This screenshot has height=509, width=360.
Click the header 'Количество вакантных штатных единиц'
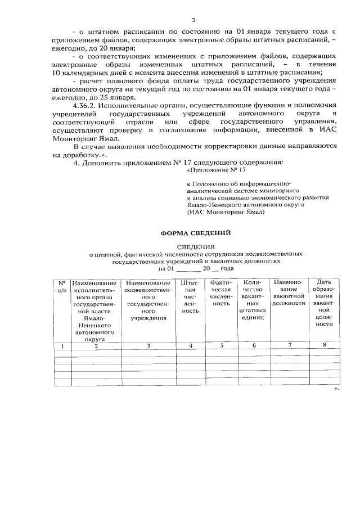pyautogui.click(x=254, y=300)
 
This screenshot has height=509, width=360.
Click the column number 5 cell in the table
pyautogui.click(x=221, y=346)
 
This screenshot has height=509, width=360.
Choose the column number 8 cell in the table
pyautogui.click(x=325, y=345)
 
